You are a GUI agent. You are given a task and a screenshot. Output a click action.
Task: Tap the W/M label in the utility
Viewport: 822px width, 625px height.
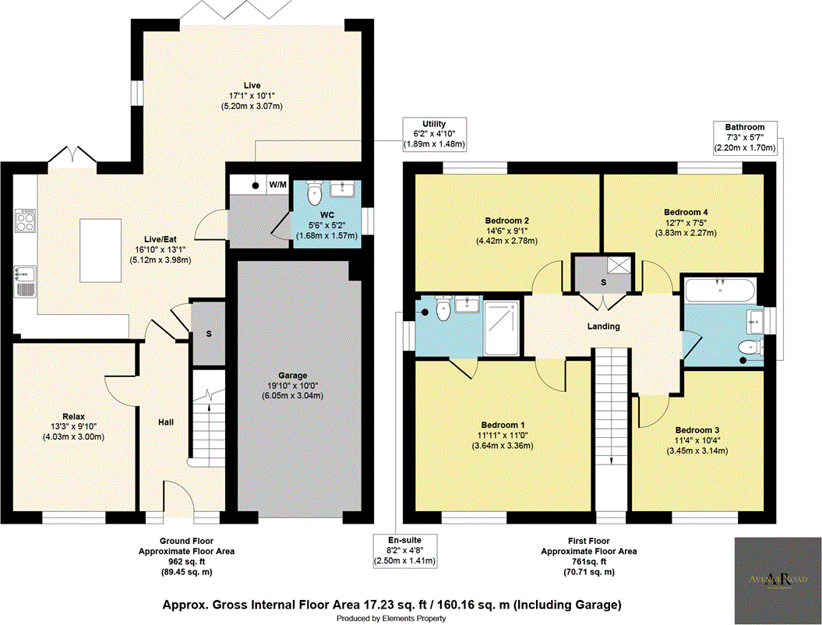point(277,185)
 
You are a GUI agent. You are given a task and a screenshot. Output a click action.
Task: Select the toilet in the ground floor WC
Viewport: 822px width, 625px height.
point(315,192)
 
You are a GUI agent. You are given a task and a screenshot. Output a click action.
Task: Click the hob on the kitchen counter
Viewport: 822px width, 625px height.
point(23,220)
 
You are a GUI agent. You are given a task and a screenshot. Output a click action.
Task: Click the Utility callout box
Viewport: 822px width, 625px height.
point(433,134)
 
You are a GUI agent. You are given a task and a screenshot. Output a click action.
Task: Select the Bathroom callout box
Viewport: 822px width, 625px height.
point(744,137)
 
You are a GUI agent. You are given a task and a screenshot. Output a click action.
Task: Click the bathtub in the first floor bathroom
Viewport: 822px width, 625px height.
point(718,292)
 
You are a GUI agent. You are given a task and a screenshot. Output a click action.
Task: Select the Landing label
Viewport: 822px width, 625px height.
point(603,327)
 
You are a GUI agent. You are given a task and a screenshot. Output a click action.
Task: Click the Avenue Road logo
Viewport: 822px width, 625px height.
point(776,578)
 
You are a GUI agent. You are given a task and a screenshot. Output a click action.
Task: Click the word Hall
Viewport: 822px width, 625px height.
point(165,422)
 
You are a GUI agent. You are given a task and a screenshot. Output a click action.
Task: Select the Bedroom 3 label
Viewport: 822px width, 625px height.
point(697,430)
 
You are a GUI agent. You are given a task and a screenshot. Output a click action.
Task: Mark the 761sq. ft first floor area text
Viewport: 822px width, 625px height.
point(588,561)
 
